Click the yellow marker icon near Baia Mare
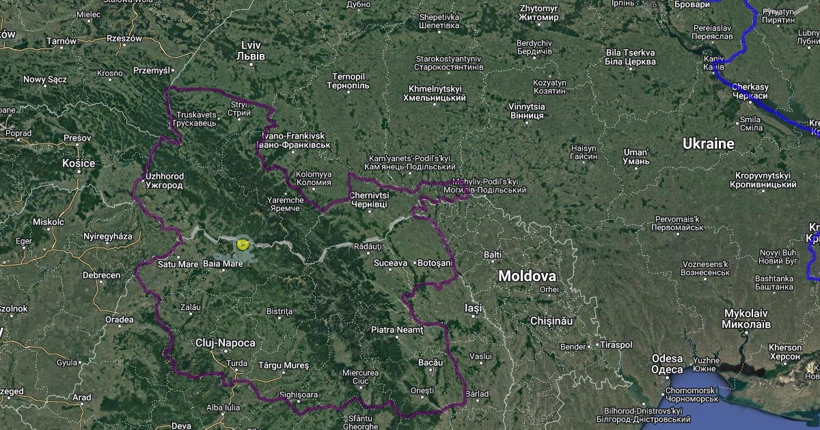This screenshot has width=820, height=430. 243,244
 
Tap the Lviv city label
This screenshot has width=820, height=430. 251,51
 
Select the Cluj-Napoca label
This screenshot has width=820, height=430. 225,343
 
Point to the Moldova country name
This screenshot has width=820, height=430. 527,276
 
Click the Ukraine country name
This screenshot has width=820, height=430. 708,144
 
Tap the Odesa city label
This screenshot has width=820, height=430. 667,364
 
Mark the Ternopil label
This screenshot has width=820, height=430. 348,81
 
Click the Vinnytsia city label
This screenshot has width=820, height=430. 527,111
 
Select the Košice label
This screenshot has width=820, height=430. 78,163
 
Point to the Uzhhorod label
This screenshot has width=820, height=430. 164,181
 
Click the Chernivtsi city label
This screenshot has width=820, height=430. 368,200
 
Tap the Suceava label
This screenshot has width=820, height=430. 391,263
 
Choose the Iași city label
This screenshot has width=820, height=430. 473,308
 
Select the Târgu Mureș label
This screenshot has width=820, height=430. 283,366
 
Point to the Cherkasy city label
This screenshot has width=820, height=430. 750,91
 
